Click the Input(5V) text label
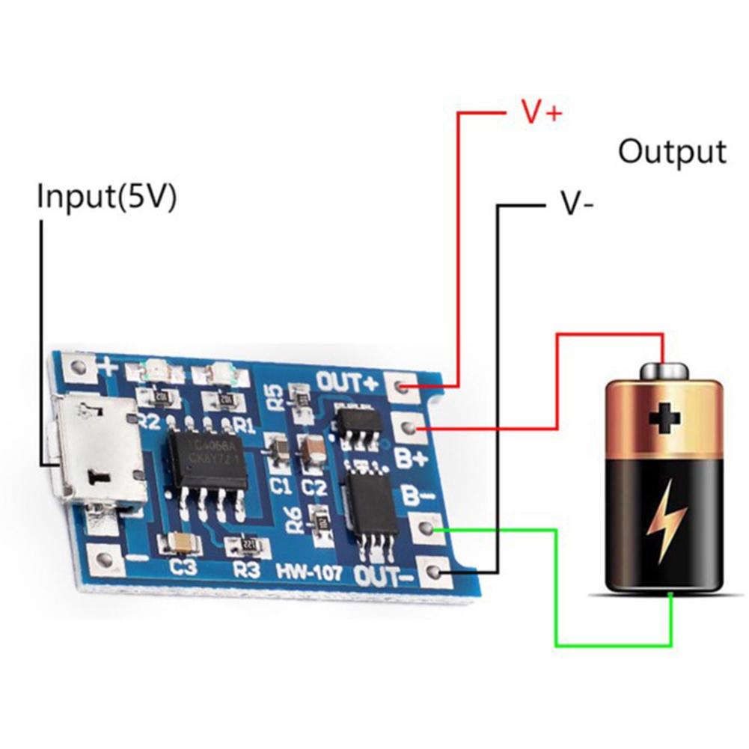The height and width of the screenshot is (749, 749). (107, 198)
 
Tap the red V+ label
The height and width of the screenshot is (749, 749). (541, 113)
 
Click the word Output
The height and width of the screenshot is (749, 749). (672, 152)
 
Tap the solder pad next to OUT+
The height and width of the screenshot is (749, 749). (403, 387)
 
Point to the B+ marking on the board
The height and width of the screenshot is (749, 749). (410, 458)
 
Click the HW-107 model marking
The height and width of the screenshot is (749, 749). (308, 573)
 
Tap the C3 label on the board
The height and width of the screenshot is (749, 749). (183, 568)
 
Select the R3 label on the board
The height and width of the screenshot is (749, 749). (246, 570)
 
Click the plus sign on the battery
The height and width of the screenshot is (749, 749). (664, 420)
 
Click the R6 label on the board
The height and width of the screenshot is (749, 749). (296, 517)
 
